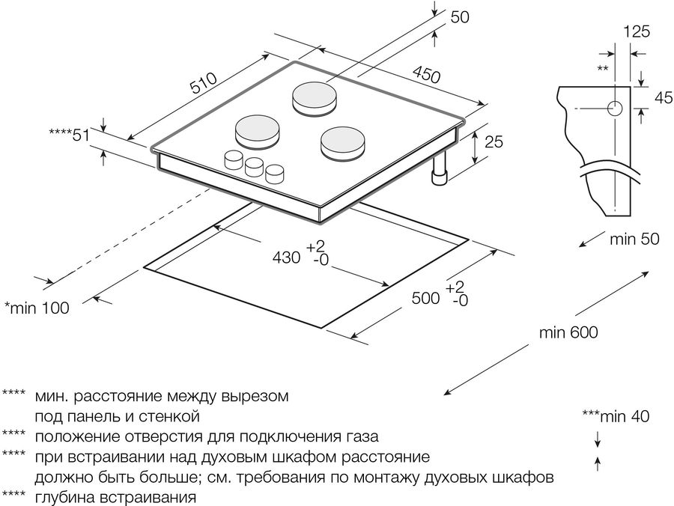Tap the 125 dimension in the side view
pyautogui.click(x=635, y=31)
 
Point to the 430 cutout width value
pyautogui.click(x=286, y=257)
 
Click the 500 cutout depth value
pyautogui.click(x=425, y=297)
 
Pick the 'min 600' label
pyautogui.click(x=568, y=332)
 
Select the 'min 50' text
pyautogui.click(x=634, y=240)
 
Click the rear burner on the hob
pyautogui.click(x=314, y=98)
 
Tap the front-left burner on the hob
pyautogui.click(x=258, y=133)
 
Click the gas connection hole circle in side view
pyautogui.click(x=615, y=109)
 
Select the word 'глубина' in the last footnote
pyautogui.click(x=65, y=496)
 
